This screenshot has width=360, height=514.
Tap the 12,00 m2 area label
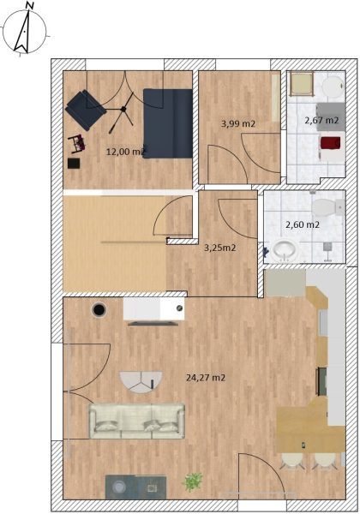[126, 152]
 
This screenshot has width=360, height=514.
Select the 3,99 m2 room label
[238, 123]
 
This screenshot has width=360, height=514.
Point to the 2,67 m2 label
[321, 120]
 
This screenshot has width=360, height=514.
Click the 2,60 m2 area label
[303, 224]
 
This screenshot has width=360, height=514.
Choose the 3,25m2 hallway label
[220, 248]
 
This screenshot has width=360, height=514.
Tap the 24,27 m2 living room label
[206, 378]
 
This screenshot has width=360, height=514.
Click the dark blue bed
[167, 123]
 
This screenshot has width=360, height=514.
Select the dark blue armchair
[86, 110]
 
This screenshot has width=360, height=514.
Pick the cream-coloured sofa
[137, 421]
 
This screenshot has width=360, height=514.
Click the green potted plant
[193, 481]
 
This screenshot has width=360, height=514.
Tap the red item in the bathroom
[331, 144]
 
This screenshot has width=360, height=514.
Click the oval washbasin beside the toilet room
[285, 251]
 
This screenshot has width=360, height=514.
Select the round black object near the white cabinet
[99, 309]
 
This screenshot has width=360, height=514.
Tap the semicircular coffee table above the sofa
[141, 382]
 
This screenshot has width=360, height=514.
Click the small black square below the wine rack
[74, 164]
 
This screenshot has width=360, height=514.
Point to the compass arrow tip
[29, 9]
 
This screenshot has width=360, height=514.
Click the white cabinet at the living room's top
[153, 308]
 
